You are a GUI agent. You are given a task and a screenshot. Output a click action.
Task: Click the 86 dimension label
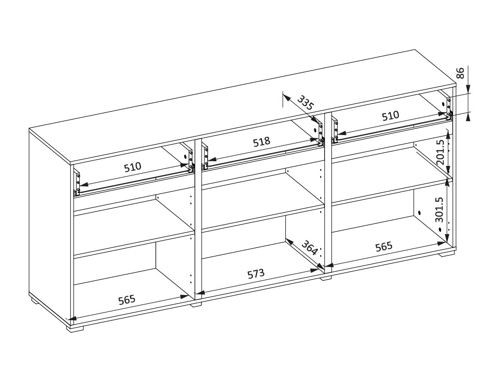pos(460,73)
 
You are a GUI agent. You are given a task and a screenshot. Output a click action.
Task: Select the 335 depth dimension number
pos(305,103)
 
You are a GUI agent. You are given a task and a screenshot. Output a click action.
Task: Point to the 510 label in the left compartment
pos(132,167)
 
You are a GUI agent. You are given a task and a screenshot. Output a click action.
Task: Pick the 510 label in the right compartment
pos(390,116)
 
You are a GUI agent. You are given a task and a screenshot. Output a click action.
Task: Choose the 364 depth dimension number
pos(310,248)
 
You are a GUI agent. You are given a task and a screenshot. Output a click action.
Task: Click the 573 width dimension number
pos(256,274)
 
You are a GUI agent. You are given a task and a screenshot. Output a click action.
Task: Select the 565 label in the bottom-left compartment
pos(127,299)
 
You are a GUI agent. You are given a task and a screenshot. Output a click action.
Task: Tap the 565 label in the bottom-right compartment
pos(384,246)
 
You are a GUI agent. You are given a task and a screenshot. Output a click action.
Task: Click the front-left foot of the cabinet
pos(76,328)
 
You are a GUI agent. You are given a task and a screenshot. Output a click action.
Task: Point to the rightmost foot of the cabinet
pos(447,254)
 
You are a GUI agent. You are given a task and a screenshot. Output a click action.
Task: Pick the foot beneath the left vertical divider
pos(196,304)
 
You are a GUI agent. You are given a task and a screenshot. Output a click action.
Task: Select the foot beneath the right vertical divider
pos(326,278)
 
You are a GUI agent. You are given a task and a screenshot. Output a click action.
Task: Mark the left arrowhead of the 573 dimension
pos(199,293)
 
